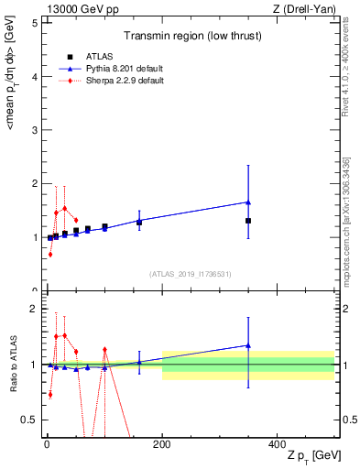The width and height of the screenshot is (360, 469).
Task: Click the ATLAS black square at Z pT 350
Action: (x=248, y=221)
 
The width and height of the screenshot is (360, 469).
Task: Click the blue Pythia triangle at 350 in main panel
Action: (x=248, y=202)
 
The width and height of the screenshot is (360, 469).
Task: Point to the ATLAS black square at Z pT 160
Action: (x=139, y=222)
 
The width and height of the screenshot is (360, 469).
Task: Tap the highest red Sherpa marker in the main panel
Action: (x=64, y=208)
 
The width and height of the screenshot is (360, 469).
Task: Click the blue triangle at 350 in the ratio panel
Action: (x=248, y=345)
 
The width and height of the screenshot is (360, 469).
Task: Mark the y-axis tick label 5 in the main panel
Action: (x=34, y=23)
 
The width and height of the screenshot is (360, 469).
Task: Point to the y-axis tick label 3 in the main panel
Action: (x=34, y=130)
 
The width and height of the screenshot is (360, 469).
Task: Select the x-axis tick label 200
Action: (x=162, y=444)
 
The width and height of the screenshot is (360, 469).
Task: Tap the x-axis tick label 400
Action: (x=277, y=444)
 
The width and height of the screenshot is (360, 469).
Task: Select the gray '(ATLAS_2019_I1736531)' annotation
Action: (x=191, y=274)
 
